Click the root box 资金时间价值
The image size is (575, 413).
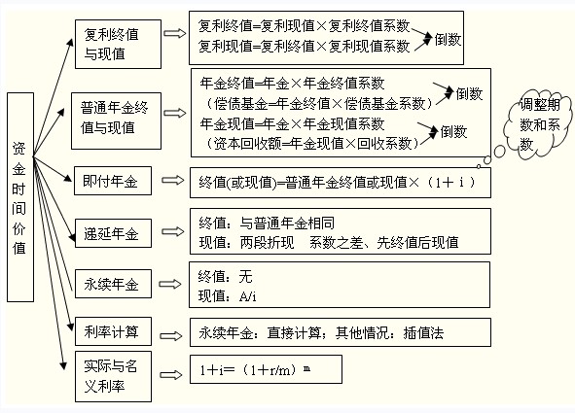click(x=20, y=197)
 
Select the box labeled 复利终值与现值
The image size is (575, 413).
click(x=118, y=45)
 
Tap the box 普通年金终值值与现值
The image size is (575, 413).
click(x=116, y=120)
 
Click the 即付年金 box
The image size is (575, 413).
click(x=113, y=181)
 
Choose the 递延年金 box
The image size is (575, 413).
click(x=113, y=233)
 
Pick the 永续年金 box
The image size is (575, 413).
click(x=113, y=284)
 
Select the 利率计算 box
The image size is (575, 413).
click(x=113, y=331)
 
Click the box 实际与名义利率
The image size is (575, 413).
click(x=113, y=376)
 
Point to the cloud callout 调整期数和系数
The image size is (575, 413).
click(x=538, y=124)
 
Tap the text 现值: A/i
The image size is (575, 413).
click(x=227, y=296)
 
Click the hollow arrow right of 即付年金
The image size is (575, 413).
click(x=173, y=180)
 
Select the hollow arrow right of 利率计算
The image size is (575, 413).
click(x=171, y=336)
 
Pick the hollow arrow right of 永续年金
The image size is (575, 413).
click(x=170, y=284)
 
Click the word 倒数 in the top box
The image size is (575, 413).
click(x=448, y=39)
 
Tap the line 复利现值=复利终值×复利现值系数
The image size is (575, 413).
click(x=304, y=47)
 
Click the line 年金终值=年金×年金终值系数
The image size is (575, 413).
click(x=292, y=84)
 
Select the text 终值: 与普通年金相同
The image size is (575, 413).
click(x=267, y=223)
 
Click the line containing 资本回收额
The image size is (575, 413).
click(x=310, y=144)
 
